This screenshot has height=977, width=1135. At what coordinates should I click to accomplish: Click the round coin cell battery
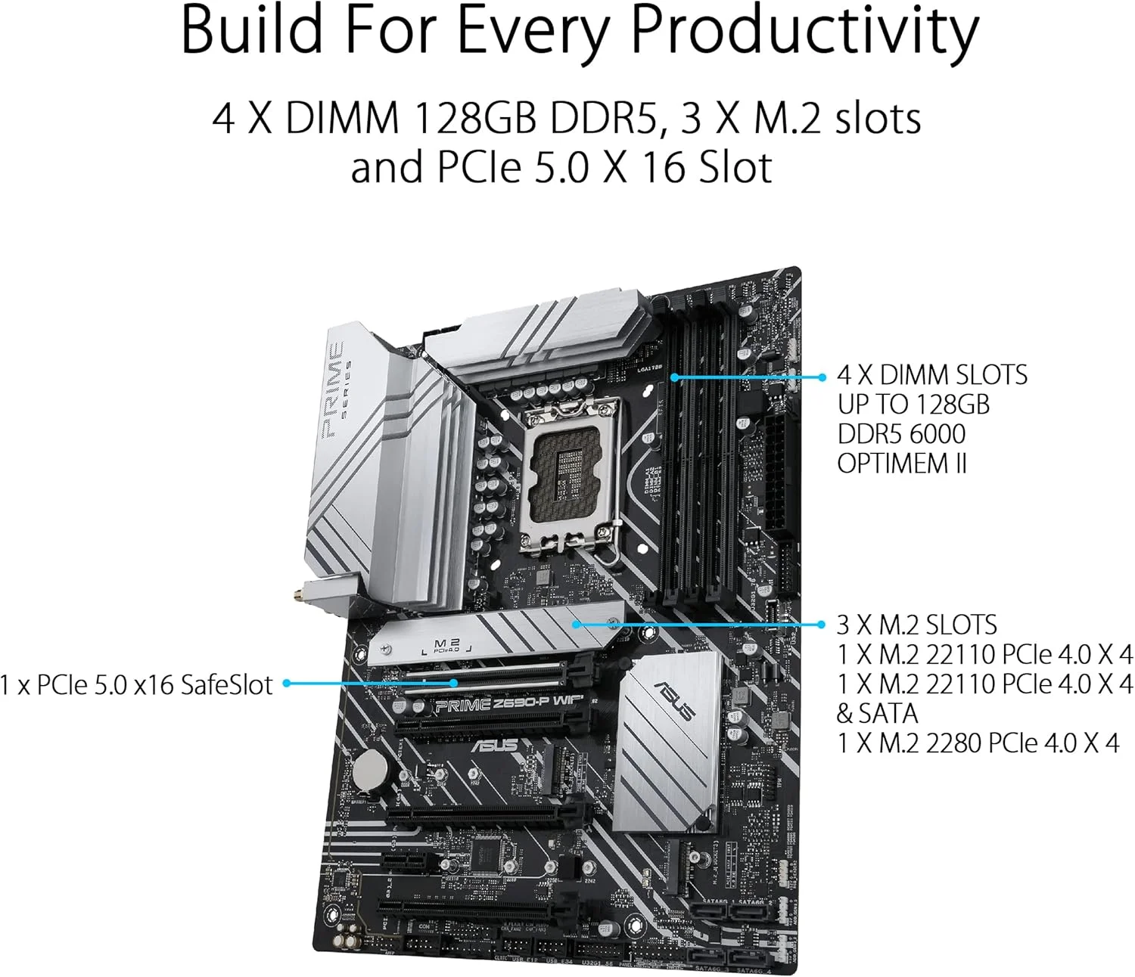coord(372,771)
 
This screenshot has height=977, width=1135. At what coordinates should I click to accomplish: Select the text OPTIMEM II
coord(902,463)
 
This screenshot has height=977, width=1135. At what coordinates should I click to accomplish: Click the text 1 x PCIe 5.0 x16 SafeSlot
coord(136,684)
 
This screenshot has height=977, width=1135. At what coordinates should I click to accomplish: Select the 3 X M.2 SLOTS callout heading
coord(916,625)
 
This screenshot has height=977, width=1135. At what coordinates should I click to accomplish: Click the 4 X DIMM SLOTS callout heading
coord(932,375)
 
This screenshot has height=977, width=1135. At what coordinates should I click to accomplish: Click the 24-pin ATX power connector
coord(776,473)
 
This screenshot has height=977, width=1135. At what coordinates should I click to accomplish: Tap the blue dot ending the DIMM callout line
coord(823,377)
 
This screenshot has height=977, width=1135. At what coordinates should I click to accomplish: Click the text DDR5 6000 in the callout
coord(901,434)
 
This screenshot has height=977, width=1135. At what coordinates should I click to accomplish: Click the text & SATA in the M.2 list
coord(877,713)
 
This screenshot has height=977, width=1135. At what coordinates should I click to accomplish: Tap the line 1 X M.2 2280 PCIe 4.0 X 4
coord(978,743)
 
